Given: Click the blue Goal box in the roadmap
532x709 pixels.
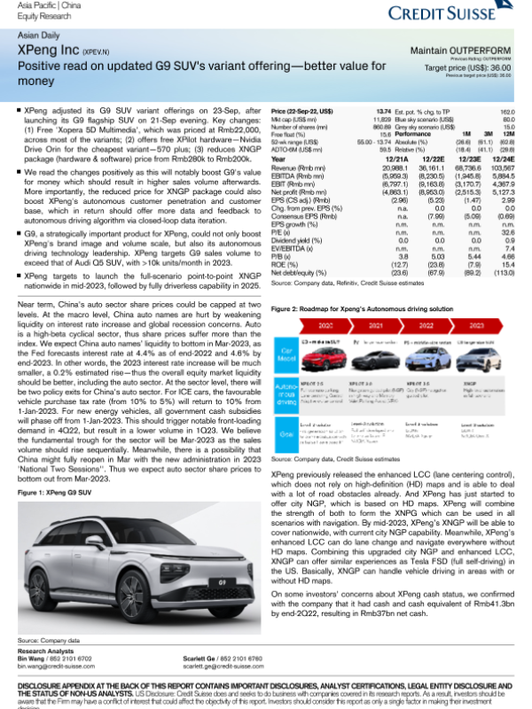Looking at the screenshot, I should coord(284,436).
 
